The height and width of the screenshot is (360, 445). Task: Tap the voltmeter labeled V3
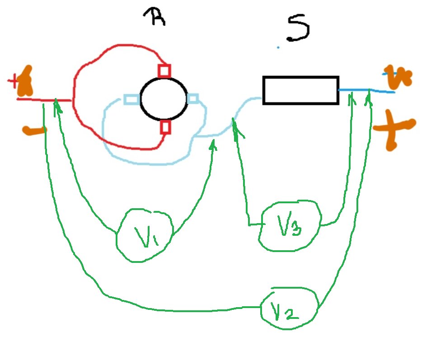[x=289, y=226]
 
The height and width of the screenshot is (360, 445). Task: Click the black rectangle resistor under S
[x=300, y=90]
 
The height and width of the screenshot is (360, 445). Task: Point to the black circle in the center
[x=164, y=99]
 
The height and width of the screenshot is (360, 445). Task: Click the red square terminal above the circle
[x=164, y=71]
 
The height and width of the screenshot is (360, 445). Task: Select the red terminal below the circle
[x=165, y=127]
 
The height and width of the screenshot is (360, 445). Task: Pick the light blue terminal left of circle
[x=131, y=99]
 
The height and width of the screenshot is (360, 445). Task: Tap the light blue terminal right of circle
[x=193, y=99]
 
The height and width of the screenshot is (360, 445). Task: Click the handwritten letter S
[x=299, y=28]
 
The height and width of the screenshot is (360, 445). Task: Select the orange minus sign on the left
[x=34, y=131]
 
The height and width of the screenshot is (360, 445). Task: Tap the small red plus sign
[x=13, y=81]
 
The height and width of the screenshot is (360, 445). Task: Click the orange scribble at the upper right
[x=398, y=78]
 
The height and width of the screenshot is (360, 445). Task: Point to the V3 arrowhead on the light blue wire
[x=234, y=124]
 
